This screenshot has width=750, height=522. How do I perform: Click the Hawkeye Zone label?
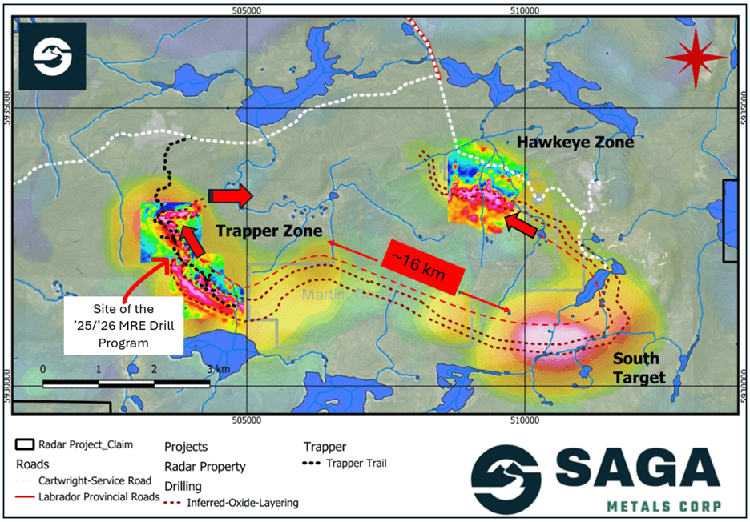click(x=575, y=143)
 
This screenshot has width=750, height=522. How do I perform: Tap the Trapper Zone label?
click(x=268, y=231)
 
